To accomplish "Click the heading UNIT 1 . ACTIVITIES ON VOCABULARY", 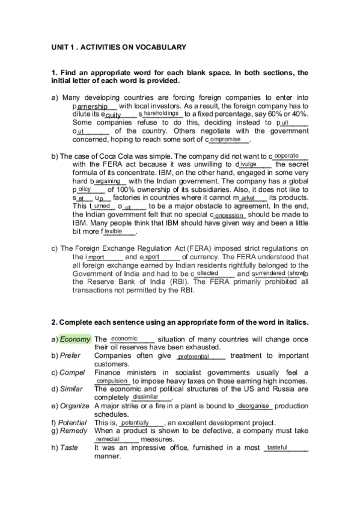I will [118, 47].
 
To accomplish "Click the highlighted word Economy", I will [75, 339].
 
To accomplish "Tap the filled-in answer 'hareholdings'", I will [161, 112].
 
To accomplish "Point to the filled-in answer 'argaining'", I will [108, 180].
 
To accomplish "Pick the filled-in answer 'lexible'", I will [113, 231].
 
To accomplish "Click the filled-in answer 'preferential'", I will [194, 357].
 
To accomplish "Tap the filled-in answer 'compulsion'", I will [112, 381].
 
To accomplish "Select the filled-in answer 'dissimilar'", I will [145, 397].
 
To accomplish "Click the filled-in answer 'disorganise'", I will [253, 406].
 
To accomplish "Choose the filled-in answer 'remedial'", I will [108, 440].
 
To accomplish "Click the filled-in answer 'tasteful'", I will [277, 447].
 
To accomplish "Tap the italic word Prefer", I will [72, 355].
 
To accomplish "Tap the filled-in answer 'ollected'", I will [208, 272].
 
